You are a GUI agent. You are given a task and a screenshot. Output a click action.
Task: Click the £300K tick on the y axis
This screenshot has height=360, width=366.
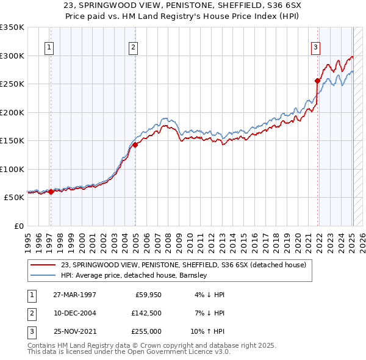tap(12, 56)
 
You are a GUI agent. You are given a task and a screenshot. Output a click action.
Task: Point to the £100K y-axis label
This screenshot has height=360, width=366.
tap(12, 169)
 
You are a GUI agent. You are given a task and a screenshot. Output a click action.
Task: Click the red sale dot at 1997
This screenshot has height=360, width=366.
tap(51, 192)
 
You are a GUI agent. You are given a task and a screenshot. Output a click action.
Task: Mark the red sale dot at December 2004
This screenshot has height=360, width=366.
tap(135, 145)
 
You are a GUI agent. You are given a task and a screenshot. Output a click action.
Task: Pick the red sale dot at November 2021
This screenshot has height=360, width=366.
tap(318, 81)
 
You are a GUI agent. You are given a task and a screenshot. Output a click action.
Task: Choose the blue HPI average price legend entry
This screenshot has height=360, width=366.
tap(134, 275)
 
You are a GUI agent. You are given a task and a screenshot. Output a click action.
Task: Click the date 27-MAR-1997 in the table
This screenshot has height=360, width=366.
tap(74, 295)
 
